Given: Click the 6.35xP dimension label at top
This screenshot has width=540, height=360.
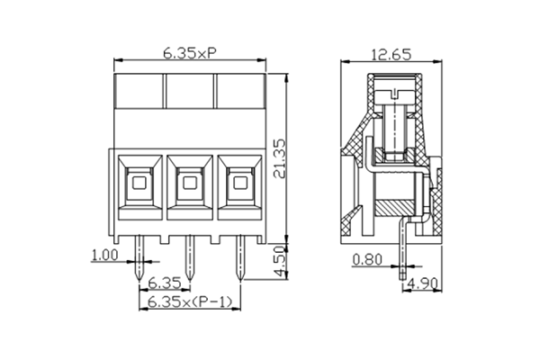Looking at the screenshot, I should pos(189,53).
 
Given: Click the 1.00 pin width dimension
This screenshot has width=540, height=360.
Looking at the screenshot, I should pos(104,256).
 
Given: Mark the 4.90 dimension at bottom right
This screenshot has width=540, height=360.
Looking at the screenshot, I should pos(423,285).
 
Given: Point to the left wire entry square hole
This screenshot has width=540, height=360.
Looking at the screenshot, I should pos(138,186).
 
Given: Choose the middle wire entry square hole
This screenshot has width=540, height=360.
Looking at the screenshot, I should pos(189,186).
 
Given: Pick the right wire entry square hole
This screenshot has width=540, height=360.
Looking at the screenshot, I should pos(239,186).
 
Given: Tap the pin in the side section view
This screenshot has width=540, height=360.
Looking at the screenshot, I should pos(403,256).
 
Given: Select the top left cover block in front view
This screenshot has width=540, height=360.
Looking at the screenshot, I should pos(138,90).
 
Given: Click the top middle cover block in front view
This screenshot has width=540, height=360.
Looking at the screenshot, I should pos(189,90).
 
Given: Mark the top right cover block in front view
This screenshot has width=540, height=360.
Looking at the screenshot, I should pos(239,90).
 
